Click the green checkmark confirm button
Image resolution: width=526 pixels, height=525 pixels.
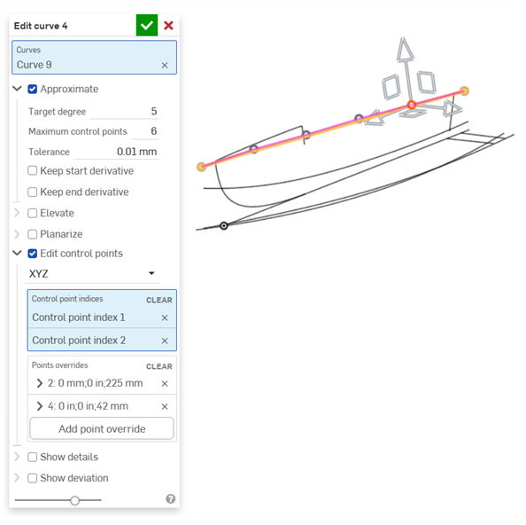tap(147, 26)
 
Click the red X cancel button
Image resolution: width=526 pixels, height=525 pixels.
tap(168, 26)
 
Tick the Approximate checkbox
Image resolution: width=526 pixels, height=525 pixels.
tap(33, 89)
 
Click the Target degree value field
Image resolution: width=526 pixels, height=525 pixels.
tap(123, 112)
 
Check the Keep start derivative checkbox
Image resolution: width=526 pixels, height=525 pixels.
tap(33, 170)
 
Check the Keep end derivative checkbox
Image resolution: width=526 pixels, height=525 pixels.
tap(33, 192)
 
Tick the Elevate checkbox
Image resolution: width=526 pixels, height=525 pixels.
tap(33, 213)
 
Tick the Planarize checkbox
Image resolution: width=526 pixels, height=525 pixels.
tap(33, 234)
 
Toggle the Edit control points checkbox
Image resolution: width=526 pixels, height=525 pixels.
tap(33, 254)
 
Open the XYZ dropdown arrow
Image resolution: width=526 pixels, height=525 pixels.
tap(151, 274)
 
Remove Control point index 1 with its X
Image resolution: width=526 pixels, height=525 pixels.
tap(165, 317)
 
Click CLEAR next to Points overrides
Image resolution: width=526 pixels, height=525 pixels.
tap(159, 366)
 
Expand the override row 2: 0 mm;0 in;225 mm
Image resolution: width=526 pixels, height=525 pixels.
tap(40, 383)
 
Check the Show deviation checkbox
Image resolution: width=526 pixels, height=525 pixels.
tap(33, 478)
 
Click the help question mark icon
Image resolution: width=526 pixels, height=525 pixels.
tap(170, 499)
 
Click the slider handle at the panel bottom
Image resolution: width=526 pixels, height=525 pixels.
tap(74, 500)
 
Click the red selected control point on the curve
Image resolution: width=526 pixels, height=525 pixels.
tap(412, 105)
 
